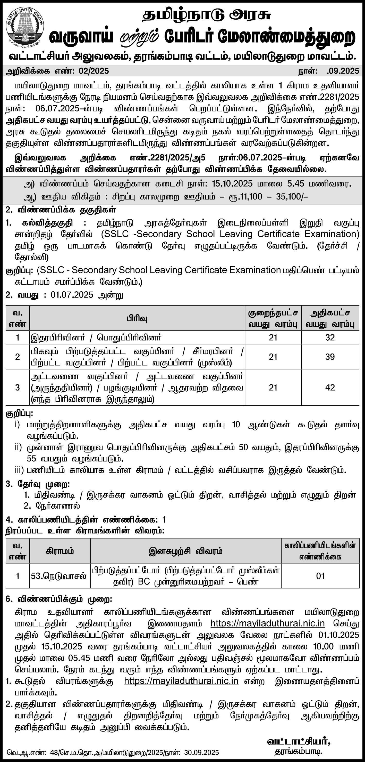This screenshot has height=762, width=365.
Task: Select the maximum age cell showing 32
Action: pos(330,338)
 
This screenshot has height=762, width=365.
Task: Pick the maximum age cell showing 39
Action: pos(330,357)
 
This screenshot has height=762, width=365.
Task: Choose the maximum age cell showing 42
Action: pos(330,388)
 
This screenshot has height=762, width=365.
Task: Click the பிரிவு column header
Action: pos(137,318)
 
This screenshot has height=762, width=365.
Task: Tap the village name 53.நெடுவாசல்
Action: pos(59,576)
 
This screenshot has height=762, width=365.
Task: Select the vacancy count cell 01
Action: pos(320,576)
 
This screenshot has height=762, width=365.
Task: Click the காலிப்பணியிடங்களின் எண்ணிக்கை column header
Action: pos(320,551)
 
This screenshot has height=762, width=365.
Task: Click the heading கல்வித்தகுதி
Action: pos(48,223)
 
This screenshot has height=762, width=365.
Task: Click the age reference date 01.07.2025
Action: pos(72,295)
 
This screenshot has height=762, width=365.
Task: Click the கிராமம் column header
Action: pos(60,551)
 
